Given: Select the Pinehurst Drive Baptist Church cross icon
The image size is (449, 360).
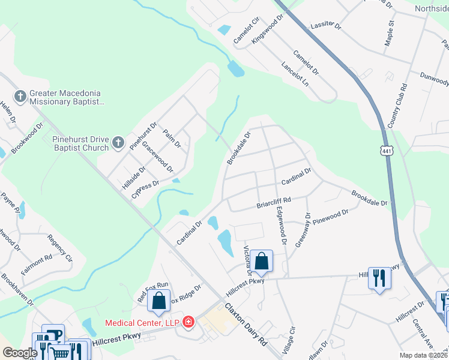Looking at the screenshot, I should pos(118,142).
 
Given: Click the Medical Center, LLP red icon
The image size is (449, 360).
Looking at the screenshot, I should pos(188,322).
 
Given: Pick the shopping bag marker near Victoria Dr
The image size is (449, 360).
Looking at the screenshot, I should pos(262,262).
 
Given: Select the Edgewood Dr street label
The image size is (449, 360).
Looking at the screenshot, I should pos(281,226).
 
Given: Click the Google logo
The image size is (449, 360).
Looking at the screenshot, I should pos(20,353).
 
